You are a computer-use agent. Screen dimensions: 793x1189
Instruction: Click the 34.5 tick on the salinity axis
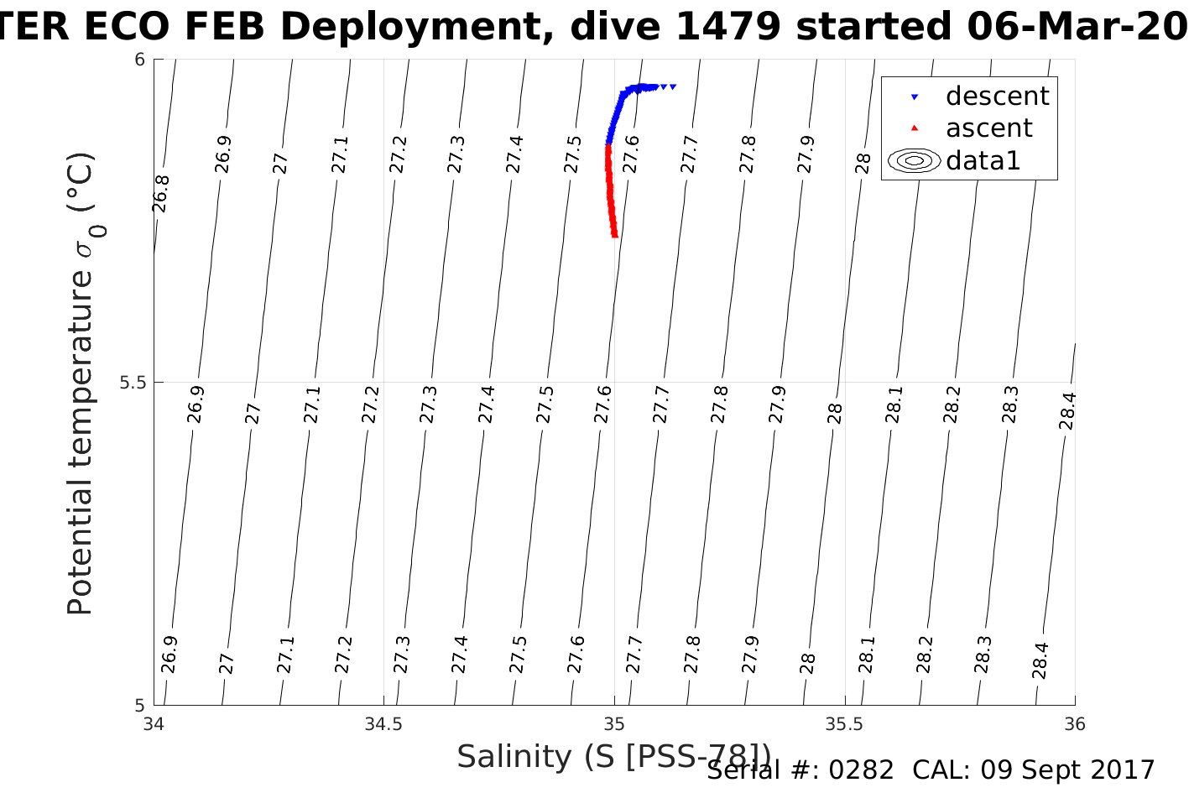[383, 724]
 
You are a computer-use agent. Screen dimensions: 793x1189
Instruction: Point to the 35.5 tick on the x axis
[844, 724]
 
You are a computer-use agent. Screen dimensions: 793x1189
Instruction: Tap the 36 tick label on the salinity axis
[1075, 724]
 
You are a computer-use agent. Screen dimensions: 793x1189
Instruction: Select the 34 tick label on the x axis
[154, 724]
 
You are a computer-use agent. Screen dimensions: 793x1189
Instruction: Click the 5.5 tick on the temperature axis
[133, 383]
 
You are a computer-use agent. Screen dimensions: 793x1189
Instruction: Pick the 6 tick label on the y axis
[140, 60]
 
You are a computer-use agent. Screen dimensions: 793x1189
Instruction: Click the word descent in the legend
[997, 97]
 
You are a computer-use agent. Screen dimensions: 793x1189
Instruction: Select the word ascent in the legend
[988, 128]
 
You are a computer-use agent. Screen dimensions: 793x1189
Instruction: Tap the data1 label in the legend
[983, 160]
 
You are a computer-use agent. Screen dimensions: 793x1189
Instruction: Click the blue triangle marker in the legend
[915, 97]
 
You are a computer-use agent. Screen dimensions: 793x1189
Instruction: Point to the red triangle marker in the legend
[915, 128]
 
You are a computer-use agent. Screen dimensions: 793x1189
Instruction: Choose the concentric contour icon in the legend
[915, 160]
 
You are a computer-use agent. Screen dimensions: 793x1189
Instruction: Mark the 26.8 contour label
[161, 194]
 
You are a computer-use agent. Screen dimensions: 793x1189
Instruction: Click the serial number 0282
[861, 770]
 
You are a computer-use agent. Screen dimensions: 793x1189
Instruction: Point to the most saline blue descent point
[673, 86]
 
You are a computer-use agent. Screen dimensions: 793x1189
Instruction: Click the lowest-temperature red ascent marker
[615, 235]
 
